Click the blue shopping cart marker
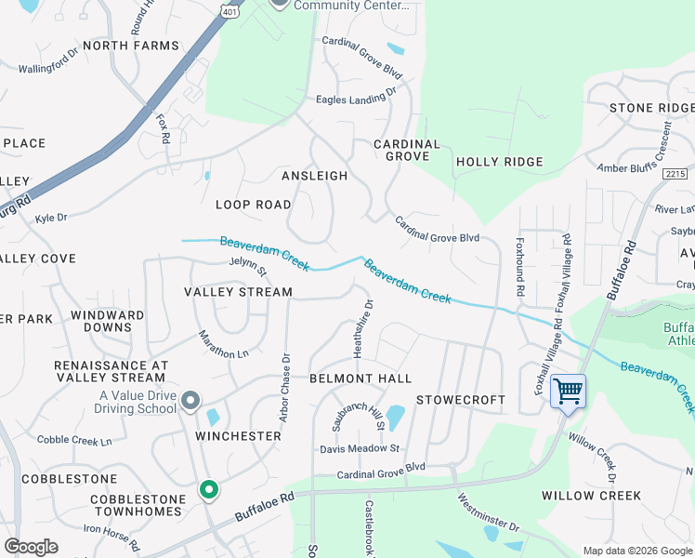568,391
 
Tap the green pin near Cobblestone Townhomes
209,488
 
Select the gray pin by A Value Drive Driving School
190,401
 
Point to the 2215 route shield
675,174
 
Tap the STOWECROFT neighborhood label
460,400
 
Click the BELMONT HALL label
360,379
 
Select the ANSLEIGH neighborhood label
314,176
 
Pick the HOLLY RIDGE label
499,162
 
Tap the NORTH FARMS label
130,46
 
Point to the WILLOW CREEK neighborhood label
592,496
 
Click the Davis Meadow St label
360,448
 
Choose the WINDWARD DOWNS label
107,321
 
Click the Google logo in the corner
31,547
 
